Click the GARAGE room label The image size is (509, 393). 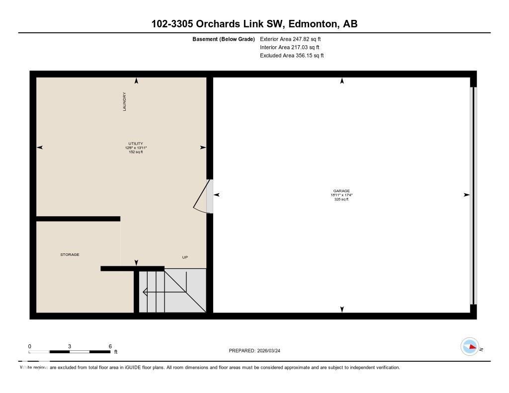[x=341, y=191]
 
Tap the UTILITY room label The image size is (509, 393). [x=136, y=144]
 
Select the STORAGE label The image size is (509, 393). [x=70, y=255]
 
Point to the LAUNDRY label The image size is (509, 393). [x=125, y=101]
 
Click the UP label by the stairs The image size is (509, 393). [x=185, y=257]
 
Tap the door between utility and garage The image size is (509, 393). [x=203, y=196]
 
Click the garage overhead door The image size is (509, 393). [x=473, y=195]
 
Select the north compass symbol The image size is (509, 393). [x=470, y=347]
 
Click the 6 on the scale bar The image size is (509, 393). [x=110, y=346]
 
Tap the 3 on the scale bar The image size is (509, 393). [x=70, y=346]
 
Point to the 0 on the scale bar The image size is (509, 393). [x=30, y=346]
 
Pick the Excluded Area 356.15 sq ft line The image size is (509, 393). [x=292, y=56]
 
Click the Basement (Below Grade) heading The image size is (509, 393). [x=224, y=39]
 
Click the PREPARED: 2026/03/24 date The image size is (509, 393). [x=257, y=351]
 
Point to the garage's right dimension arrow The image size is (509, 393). [x=466, y=195]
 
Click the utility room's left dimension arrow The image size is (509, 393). [x=40, y=148]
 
